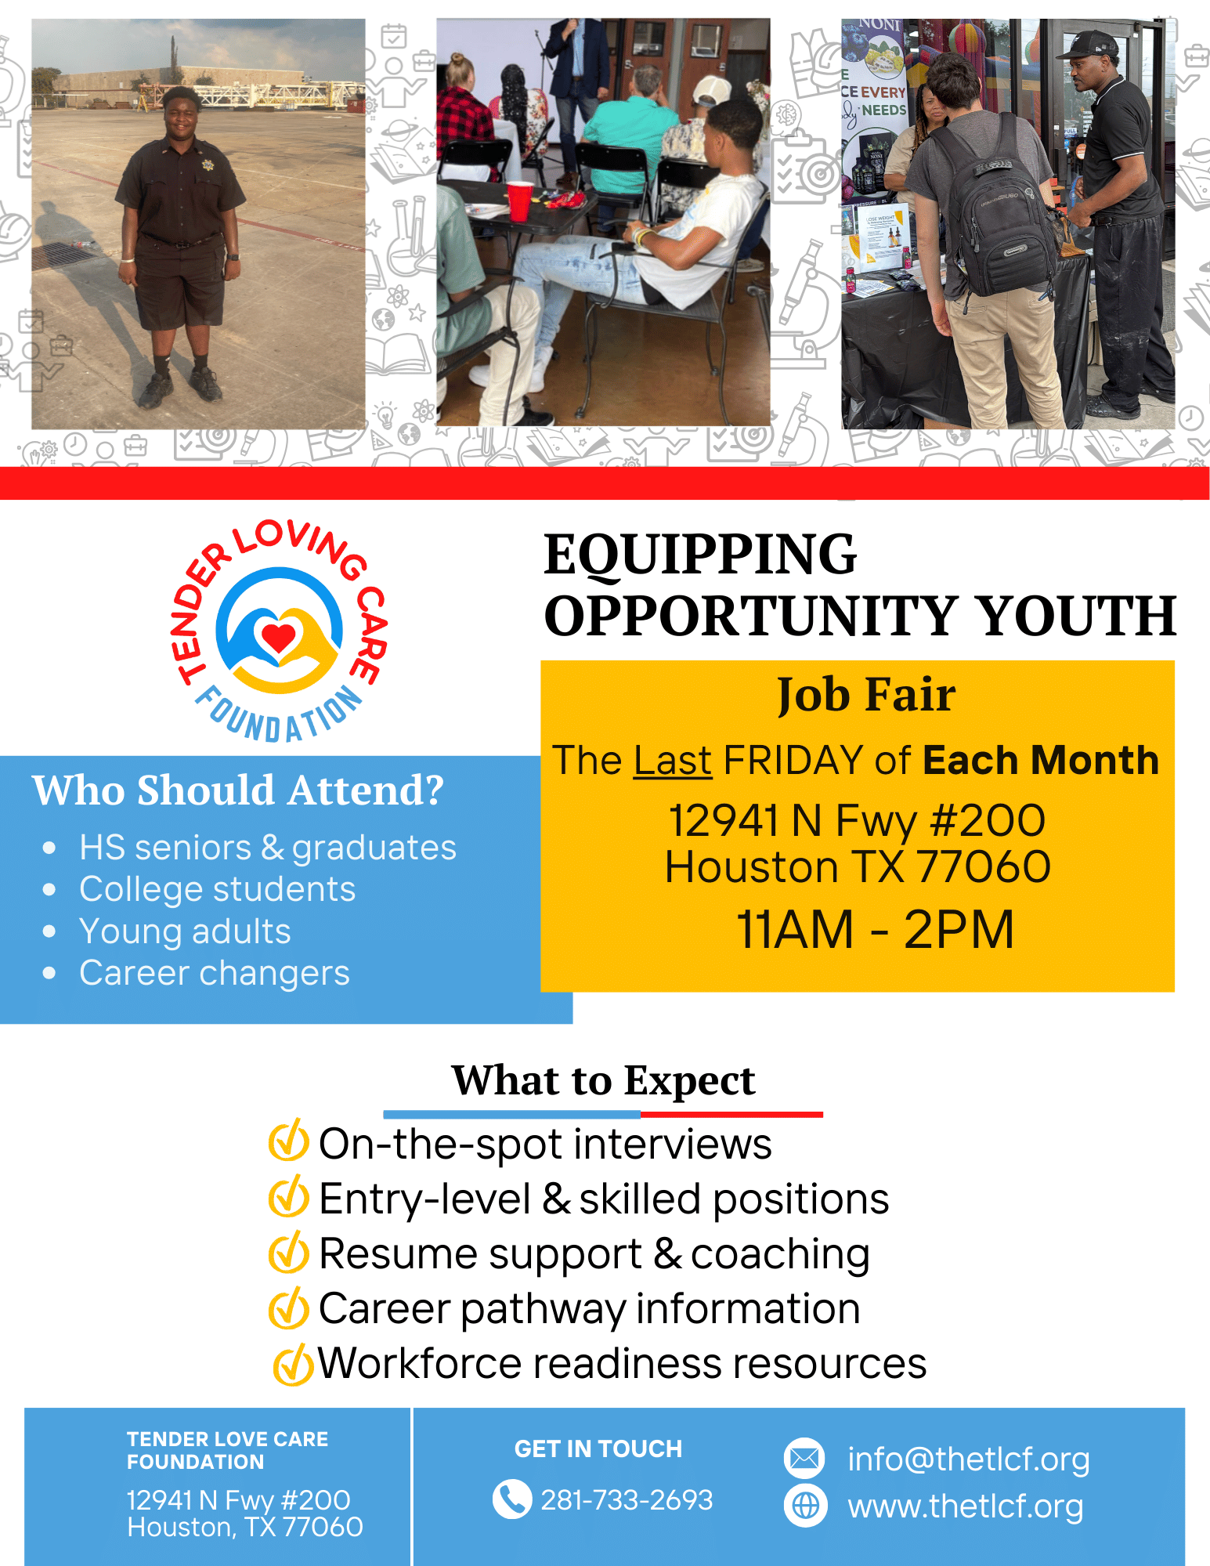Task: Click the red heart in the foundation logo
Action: [278, 636]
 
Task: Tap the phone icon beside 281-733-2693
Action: [511, 1499]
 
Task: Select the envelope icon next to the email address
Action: [804, 1459]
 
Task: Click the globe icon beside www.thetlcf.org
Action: [805, 1505]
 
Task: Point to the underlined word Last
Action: [673, 761]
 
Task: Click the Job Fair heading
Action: [865, 695]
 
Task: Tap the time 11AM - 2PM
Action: [875, 930]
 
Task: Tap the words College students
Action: [218, 889]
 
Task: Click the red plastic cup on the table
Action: [520, 201]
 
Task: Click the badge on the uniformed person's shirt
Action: [208, 165]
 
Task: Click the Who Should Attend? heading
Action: [238, 790]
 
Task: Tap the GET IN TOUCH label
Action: [598, 1449]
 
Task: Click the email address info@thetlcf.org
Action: [969, 1459]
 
